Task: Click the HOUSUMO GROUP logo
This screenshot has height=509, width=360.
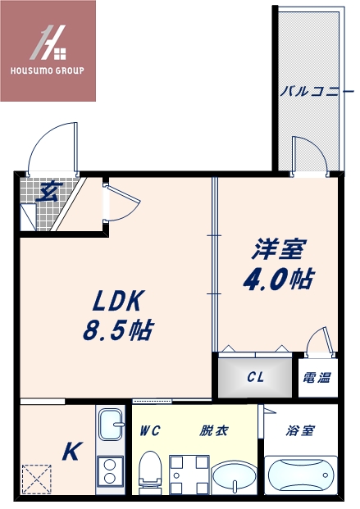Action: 48,50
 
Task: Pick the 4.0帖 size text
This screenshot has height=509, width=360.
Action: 276,279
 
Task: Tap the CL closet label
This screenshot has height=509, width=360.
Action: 254,378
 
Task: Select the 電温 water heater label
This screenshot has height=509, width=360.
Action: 317,378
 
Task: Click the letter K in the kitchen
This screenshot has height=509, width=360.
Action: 71,451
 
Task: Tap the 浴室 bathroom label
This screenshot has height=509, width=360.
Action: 300,430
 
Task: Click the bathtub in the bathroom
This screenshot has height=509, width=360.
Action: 301,476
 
